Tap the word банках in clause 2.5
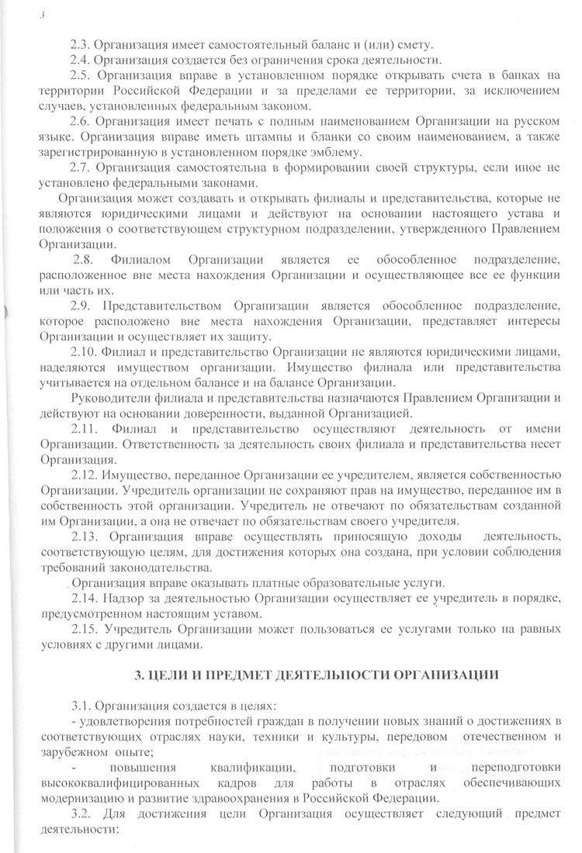pyautogui.click(x=519, y=75)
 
